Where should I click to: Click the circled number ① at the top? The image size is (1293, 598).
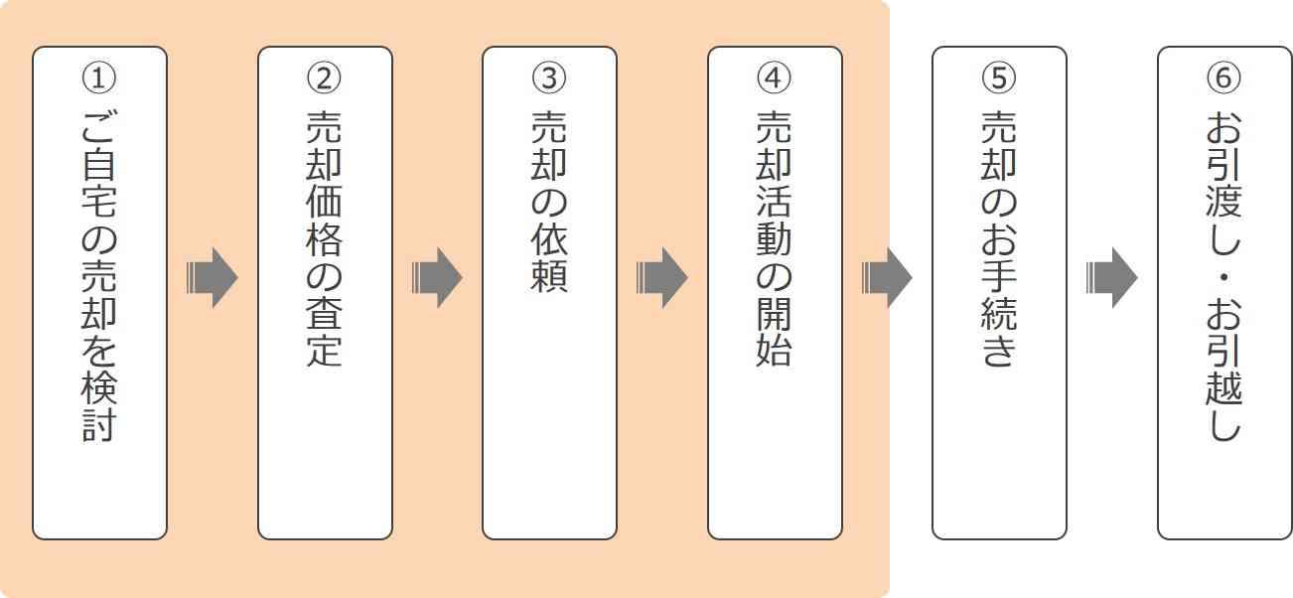tap(99, 76)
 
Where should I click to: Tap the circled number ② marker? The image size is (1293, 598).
tap(325, 76)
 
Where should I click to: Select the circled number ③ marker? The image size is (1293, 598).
tap(549, 76)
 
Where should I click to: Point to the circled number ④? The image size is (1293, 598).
tap(775, 76)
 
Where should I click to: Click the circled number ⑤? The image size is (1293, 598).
tap(999, 76)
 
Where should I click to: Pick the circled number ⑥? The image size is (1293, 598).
tap(1224, 76)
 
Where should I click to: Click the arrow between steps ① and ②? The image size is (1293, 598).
tap(212, 277)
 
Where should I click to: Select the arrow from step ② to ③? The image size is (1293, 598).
tap(437, 277)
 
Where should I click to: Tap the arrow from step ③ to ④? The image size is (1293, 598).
tap(661, 277)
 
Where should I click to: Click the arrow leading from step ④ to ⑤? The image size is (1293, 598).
tap(886, 277)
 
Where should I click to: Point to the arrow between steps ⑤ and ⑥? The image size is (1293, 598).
tap(1111, 277)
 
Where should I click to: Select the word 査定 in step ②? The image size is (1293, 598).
tap(325, 332)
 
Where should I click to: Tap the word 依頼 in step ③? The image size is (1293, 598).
tap(549, 258)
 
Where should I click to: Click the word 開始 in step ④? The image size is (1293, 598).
tap(775, 332)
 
